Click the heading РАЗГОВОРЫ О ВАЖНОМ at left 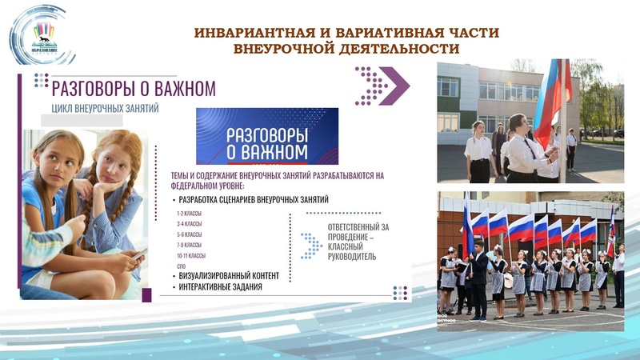pos(133,86)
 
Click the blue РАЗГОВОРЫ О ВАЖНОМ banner pos(267,136)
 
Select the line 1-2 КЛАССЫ pos(190,214)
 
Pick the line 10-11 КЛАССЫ pos(192,255)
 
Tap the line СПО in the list pos(182,265)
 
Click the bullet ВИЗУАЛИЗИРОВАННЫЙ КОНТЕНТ pos(229,276)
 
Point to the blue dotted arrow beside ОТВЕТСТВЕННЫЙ pos(310,246)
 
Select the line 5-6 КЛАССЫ pos(190,234)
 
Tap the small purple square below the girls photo pos(146,294)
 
